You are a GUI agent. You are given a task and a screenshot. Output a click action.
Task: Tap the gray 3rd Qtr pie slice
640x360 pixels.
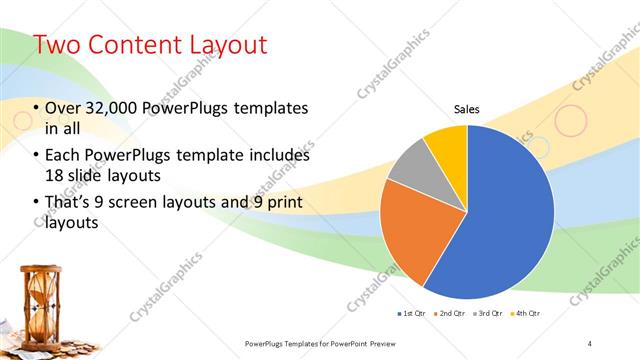412,176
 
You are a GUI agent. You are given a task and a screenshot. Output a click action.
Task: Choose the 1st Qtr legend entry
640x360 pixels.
410,314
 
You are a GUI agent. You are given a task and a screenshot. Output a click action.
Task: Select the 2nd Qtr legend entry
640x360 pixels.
451,314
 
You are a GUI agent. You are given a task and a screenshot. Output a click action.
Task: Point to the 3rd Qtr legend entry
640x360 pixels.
489,314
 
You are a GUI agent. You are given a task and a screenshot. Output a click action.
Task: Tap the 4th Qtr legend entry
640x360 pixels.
527,314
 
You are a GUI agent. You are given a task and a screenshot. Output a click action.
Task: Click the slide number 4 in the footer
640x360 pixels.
590,343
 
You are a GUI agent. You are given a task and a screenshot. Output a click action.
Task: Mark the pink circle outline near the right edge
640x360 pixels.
570,121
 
